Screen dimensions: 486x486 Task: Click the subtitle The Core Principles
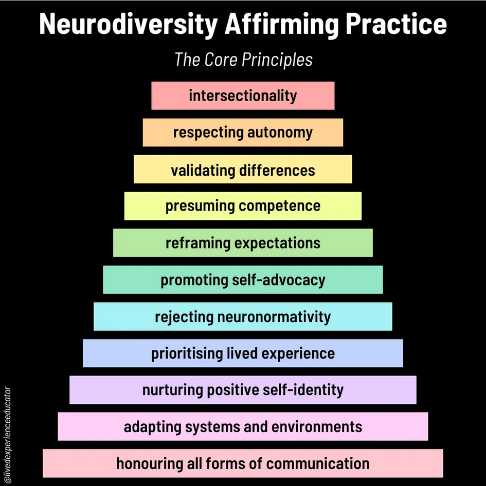coord(243,60)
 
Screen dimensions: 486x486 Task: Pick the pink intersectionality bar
coord(243,96)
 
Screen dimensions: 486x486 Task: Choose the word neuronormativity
coord(274,316)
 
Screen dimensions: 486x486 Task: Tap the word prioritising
coord(187,353)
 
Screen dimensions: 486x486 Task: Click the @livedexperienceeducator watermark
coord(7,434)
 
